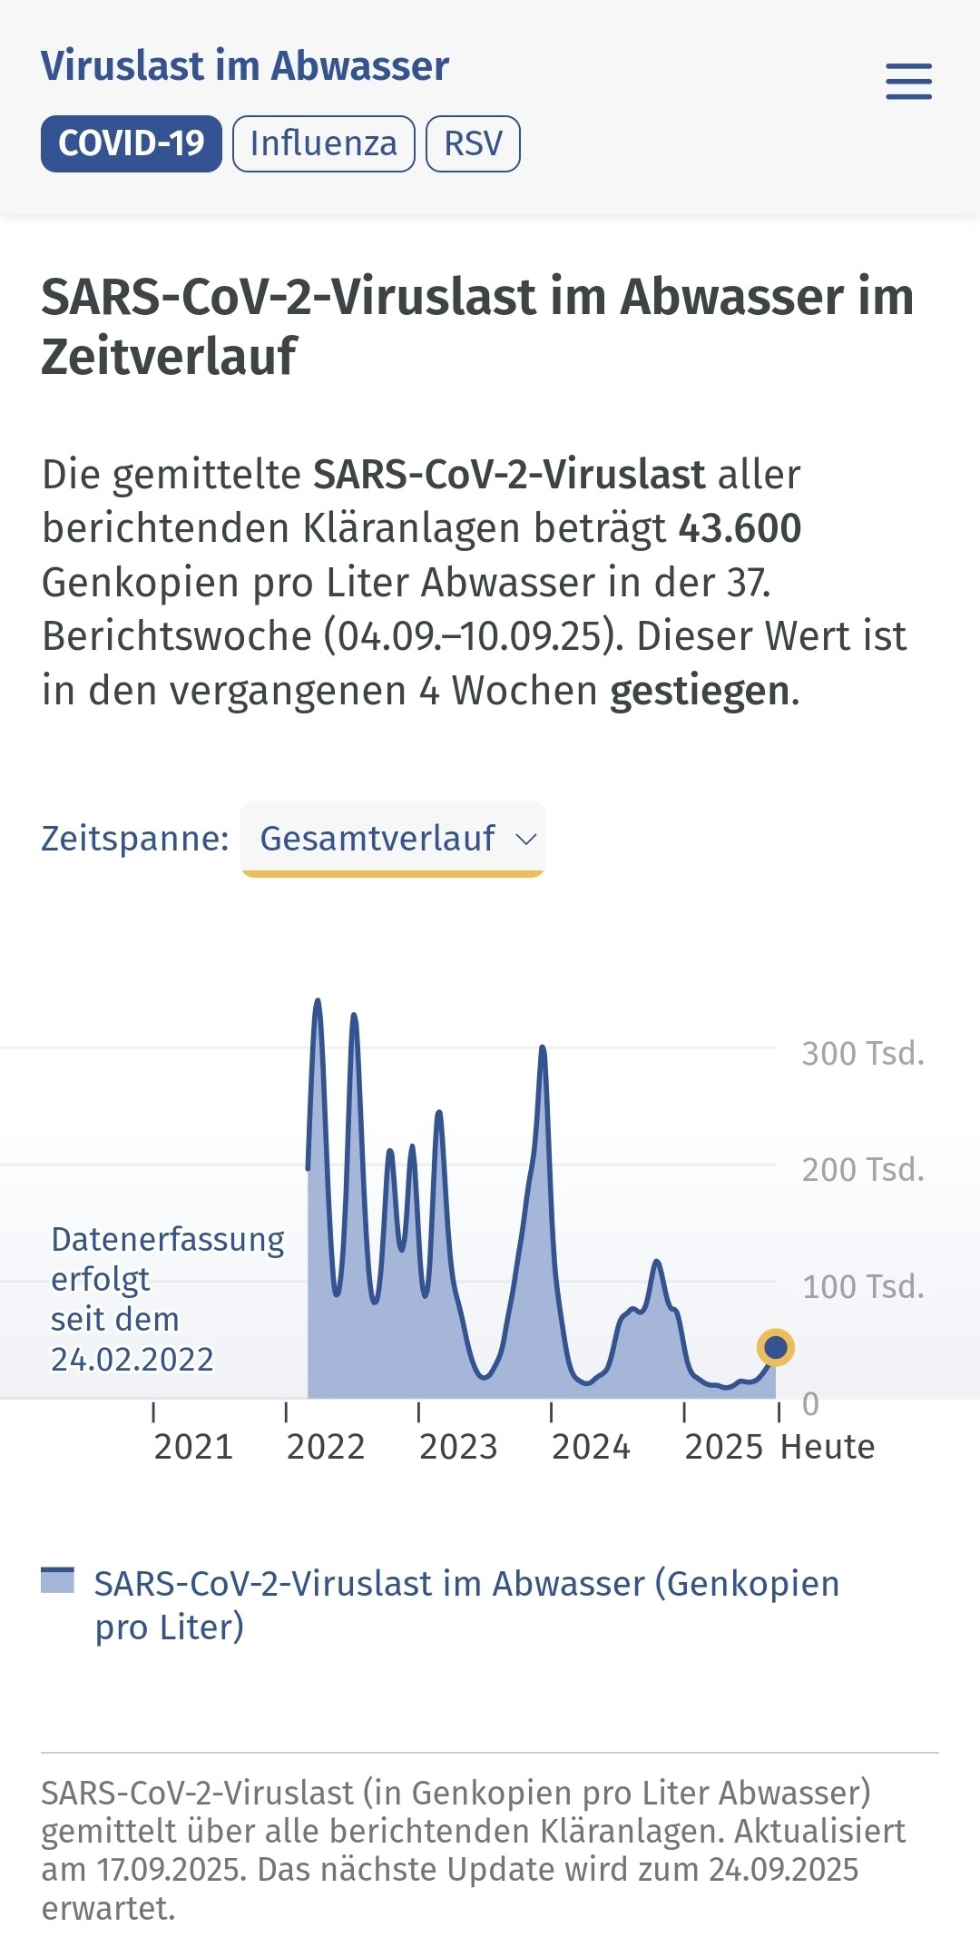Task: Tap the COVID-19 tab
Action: pos(132,143)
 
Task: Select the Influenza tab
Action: pos(324,143)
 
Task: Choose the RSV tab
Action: pos(473,143)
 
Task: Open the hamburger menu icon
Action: pos(908,82)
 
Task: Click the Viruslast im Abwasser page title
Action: pos(245,66)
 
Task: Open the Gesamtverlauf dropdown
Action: pos(392,838)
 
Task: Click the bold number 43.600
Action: pos(740,528)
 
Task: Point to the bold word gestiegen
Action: pos(700,691)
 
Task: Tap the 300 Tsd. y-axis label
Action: pos(863,1054)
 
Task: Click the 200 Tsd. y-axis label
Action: pos(863,1170)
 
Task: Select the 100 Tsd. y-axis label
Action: pos(863,1287)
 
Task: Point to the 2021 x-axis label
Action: pos(193,1447)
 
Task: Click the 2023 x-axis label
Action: pos(458,1447)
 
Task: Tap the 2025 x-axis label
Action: pos(724,1447)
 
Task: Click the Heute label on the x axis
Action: pos(828,1447)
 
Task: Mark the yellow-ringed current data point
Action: pos(775,1348)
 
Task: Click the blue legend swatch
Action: pos(57,1580)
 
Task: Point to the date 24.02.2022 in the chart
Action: pos(132,1360)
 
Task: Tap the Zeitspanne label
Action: pos(135,838)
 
